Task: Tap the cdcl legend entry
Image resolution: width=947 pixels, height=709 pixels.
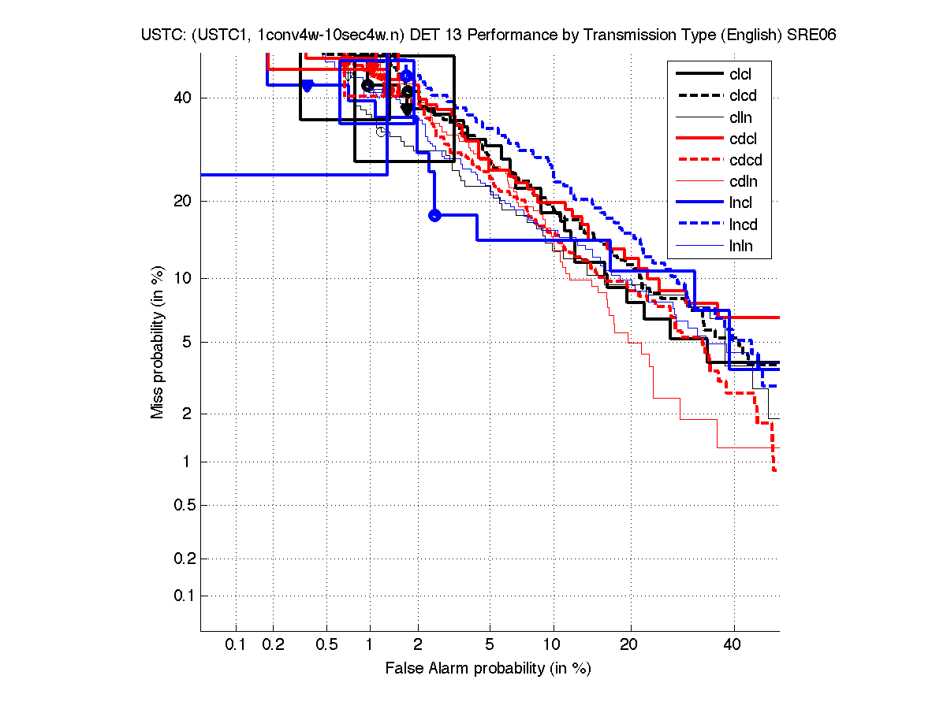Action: click(742, 139)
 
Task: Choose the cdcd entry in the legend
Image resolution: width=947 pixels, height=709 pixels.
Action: click(746, 161)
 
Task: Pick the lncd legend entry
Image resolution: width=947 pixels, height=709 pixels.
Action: click(744, 225)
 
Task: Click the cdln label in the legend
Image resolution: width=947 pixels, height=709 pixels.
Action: click(742, 182)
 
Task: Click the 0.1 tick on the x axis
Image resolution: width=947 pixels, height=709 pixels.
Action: click(236, 645)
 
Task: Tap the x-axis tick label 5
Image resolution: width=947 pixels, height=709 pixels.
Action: click(490, 645)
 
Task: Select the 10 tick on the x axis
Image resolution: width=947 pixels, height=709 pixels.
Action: click(554, 645)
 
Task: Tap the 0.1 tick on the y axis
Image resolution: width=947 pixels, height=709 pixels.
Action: click(183, 596)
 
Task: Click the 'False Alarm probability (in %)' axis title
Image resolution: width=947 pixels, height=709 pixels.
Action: click(488, 669)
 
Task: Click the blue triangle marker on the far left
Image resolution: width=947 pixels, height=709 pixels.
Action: click(308, 85)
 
